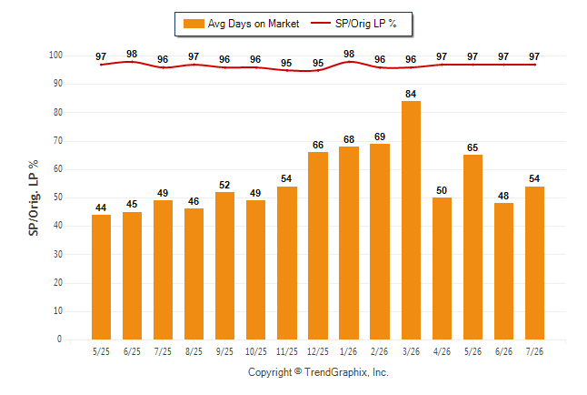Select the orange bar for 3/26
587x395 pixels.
[411, 220]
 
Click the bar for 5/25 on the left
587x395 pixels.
[101, 278]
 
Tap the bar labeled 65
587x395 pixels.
[473, 248]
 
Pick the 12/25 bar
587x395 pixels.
[318, 246]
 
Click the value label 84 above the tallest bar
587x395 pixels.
[411, 94]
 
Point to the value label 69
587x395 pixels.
[380, 137]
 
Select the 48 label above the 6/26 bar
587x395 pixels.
[503, 196]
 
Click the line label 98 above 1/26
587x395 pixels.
[349, 54]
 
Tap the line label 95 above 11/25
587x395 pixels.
[286, 63]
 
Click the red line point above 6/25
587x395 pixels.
[132, 62]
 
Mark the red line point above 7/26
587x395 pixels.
[534, 65]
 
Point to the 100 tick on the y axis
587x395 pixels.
[55, 56]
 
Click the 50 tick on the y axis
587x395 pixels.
[58, 197]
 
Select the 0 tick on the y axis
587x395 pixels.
[60, 339]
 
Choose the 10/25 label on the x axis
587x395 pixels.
[256, 352]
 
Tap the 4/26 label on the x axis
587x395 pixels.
[442, 352]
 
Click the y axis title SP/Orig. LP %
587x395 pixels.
[34, 197]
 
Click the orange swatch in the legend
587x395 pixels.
[194, 24]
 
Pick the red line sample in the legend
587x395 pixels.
[321, 24]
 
